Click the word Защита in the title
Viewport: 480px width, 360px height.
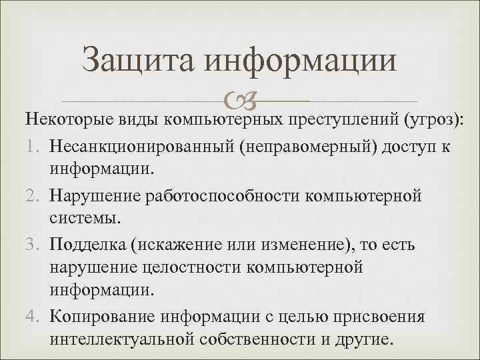[x=137, y=61]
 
